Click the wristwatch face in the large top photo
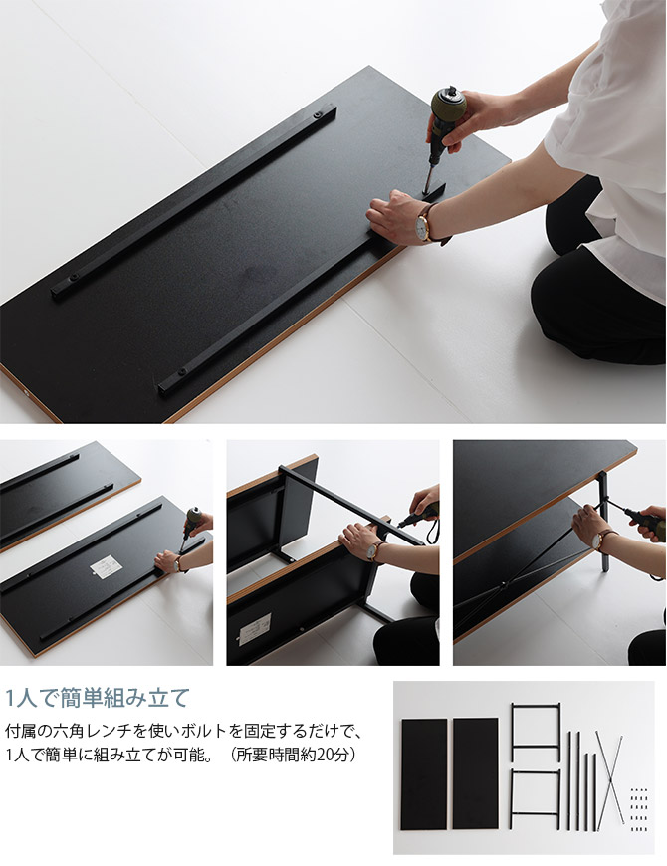(423, 228)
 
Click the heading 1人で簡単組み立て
(98, 698)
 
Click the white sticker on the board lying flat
(107, 565)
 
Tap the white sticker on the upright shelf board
(255, 628)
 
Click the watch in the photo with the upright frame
(374, 550)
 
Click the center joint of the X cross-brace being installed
(502, 585)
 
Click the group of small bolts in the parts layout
(639, 809)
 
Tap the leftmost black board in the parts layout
(424, 773)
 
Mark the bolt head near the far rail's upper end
(318, 114)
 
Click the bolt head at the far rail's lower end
(73, 275)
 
